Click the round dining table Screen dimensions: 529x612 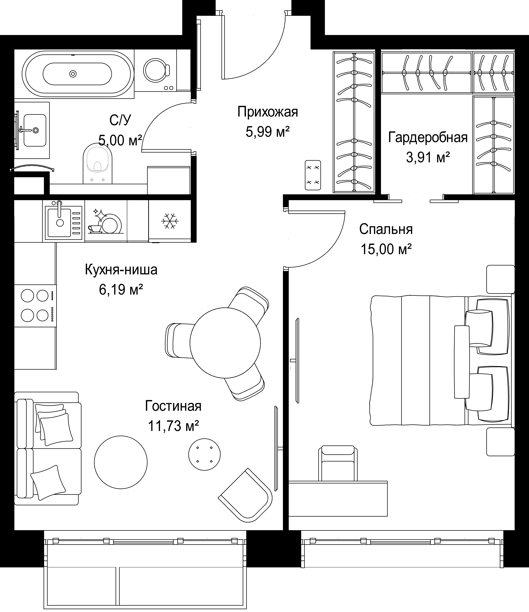point(225,343)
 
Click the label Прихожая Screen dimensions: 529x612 point(268,112)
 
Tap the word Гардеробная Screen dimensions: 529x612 point(428,138)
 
